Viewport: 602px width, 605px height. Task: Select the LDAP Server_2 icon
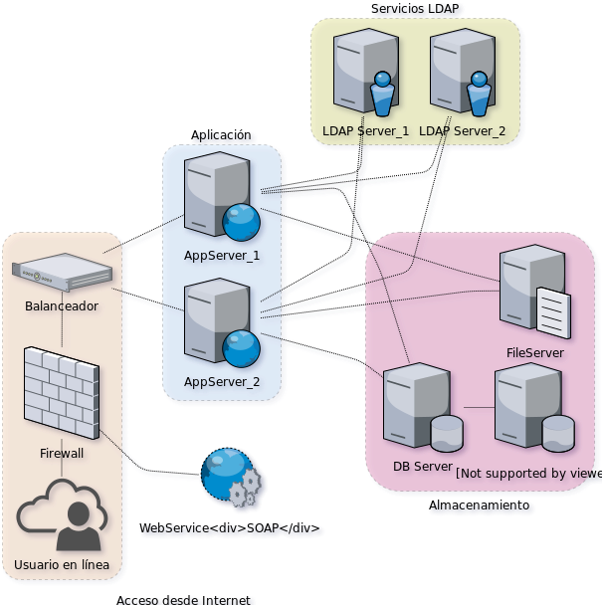click(461, 73)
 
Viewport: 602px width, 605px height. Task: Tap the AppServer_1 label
click(222, 256)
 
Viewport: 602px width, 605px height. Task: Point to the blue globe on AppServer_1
click(241, 222)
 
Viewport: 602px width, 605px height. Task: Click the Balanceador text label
click(62, 306)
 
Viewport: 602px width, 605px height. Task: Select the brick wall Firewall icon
click(62, 392)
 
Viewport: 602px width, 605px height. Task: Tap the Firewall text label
click(62, 453)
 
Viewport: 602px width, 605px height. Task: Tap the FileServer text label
click(535, 352)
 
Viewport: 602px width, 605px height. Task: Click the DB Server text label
click(424, 467)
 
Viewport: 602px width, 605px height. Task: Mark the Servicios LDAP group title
click(417, 9)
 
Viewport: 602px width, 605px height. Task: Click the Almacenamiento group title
click(480, 506)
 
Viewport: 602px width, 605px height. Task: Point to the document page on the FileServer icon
click(553, 312)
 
